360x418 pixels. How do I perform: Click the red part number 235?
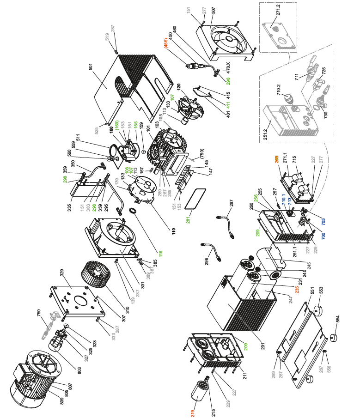(291, 291)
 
